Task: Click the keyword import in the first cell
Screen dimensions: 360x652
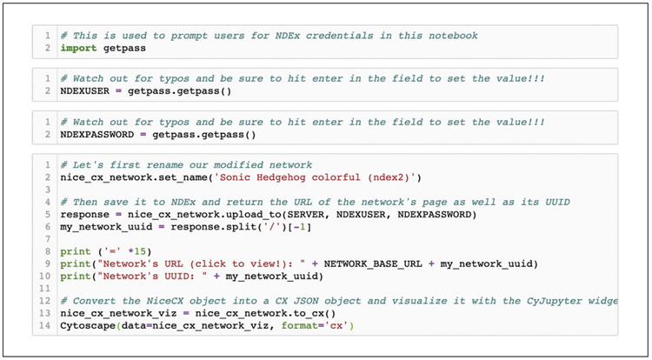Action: (x=78, y=48)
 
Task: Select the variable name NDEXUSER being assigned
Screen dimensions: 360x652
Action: (x=84, y=90)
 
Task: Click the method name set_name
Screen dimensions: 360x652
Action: (x=185, y=177)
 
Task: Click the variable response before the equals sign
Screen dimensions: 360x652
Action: (x=84, y=215)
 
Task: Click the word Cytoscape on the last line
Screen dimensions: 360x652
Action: (x=88, y=326)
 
